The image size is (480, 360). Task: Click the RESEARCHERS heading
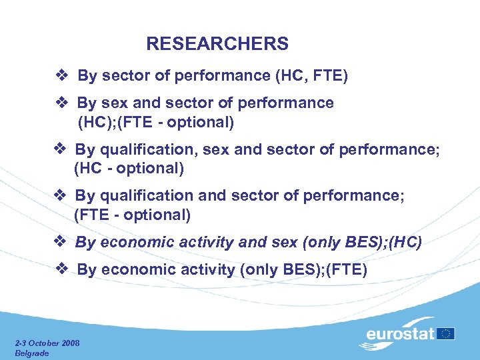coord(217,44)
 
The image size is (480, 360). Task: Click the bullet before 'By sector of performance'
coord(61,76)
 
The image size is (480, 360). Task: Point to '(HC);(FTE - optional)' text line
coord(156,122)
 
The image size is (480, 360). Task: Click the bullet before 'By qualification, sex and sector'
coord(59,149)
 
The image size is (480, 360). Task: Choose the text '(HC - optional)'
coord(129,169)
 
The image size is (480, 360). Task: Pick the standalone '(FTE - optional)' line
coord(132,215)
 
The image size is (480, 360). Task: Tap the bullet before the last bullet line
coord(61,269)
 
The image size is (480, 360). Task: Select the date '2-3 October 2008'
coord(47,343)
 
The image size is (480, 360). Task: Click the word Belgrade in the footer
coord(31,353)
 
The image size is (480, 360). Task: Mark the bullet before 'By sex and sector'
coord(61,103)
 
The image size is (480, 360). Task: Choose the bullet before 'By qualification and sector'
coord(59,196)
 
